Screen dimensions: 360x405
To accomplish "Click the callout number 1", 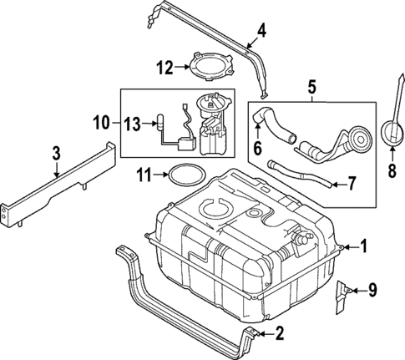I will [x=363, y=246].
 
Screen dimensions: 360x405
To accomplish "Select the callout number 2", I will [x=279, y=334].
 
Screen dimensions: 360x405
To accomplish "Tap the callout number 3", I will [x=55, y=154].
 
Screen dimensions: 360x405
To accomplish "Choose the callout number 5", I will [x=312, y=86].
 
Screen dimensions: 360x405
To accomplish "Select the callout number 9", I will [x=372, y=290].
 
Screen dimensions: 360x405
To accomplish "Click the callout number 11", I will [x=144, y=175].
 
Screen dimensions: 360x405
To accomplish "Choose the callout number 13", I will [x=132, y=124].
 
